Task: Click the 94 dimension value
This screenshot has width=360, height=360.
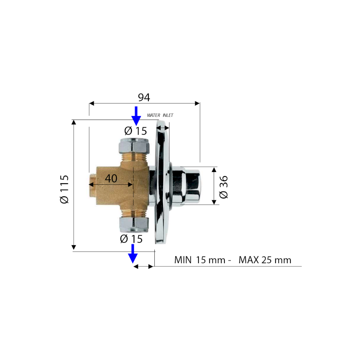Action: point(144,97)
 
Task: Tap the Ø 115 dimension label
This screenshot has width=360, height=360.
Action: point(64,189)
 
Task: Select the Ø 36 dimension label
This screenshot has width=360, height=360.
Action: point(223,187)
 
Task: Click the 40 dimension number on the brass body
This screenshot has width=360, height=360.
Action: point(111,178)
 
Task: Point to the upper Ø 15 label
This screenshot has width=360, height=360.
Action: point(136,131)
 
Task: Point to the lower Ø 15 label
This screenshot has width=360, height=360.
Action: point(131,239)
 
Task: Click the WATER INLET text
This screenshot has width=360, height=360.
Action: point(160,115)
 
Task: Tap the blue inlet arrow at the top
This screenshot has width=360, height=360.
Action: point(136,116)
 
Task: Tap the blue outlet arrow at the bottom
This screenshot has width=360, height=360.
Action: point(133,254)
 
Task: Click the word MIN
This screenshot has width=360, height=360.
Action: point(183,260)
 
